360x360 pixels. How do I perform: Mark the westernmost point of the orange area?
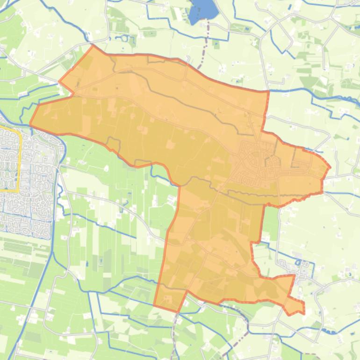[x=30, y=124]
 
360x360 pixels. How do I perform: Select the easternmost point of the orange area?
[x=330, y=167]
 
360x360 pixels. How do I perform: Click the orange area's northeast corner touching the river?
[x=268, y=91]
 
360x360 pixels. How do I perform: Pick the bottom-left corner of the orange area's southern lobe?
[x=155, y=305]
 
